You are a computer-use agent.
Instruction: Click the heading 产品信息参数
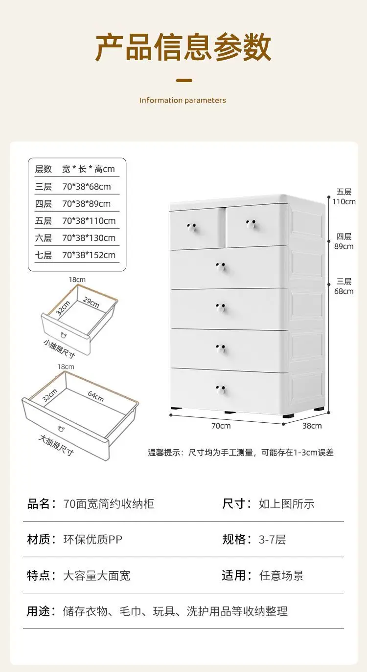[183, 47]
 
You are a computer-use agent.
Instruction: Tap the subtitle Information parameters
[183, 100]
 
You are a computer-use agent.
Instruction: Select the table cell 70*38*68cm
[87, 186]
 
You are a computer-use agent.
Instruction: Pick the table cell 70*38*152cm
[89, 255]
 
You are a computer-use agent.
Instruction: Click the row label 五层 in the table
[43, 220]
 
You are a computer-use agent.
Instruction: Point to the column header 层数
[43, 169]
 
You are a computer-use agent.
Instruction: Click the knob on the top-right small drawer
[251, 224]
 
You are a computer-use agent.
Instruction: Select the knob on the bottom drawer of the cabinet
[220, 389]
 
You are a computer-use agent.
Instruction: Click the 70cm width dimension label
[221, 426]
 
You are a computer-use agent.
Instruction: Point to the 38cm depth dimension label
[312, 426]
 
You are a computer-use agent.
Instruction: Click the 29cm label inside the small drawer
[91, 303]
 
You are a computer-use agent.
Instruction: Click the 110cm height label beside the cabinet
[344, 201]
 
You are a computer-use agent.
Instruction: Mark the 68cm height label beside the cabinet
[344, 291]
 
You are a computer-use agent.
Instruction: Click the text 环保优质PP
[93, 540]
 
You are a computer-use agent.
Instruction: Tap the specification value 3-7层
[272, 540]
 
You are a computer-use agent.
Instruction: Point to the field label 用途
[39, 611]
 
